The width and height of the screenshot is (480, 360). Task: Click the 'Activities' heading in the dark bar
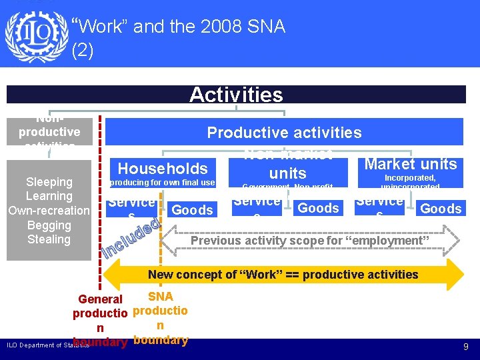pos(235,95)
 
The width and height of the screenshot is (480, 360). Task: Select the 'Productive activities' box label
pos(284,132)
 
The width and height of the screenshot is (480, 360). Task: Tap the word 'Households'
pos(163,169)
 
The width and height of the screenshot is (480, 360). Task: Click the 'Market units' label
pos(411,164)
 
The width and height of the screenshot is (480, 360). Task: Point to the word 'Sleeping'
pos(49,182)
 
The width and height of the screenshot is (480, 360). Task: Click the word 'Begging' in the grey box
pos(49,225)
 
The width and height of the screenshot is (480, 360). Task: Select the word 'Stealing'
pos(49,239)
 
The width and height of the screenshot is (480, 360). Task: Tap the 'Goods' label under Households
pos(192,210)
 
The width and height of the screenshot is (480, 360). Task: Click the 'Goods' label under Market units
pos(441,209)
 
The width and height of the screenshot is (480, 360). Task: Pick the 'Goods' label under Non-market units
pos(318,208)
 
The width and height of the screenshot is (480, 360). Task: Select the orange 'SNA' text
pos(160,297)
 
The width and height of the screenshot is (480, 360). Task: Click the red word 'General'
pos(100,299)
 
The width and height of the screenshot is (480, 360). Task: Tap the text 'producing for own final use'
pos(162,183)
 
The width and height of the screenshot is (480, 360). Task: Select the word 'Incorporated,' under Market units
pos(410,178)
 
